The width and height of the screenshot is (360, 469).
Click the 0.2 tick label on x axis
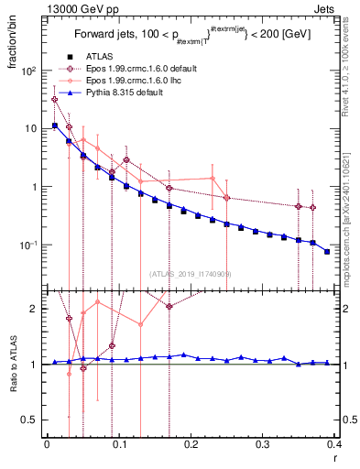[190, 446]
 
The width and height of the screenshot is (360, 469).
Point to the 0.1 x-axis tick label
[118, 446]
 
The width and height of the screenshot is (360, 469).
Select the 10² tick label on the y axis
[29, 71]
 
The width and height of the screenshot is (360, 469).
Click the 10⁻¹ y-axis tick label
[29, 245]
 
